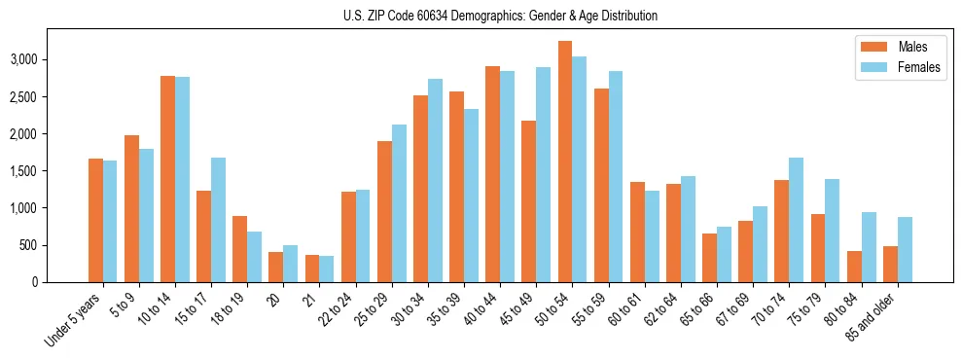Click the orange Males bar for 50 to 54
click(565, 162)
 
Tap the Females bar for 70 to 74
click(797, 220)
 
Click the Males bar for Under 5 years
click(95, 220)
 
